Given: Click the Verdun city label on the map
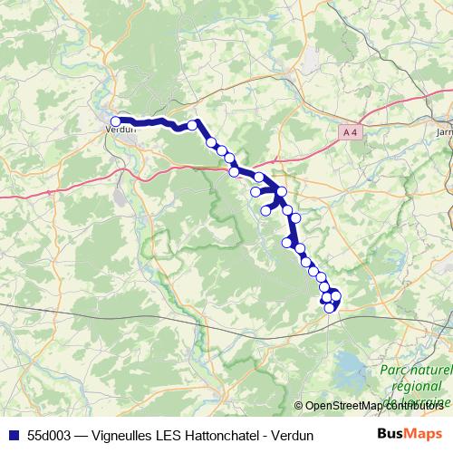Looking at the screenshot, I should [120, 129].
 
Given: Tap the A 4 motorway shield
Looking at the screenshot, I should [352, 132].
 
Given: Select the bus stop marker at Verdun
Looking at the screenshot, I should [116, 120].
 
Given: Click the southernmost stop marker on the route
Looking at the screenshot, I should [330, 308].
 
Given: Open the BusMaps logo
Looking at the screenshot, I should [409, 434].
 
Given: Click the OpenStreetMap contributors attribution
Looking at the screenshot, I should [381, 406].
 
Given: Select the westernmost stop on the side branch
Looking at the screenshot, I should [255, 191].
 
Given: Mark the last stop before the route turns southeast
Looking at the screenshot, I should [193, 125].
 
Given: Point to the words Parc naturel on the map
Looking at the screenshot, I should [415, 371].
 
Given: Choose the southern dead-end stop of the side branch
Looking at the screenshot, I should [266, 211].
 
